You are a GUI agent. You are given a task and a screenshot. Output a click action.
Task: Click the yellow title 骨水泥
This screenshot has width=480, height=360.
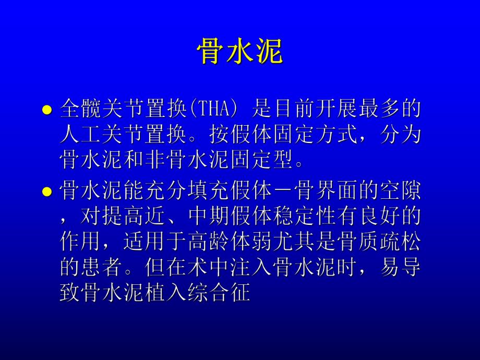pyautogui.click(x=239, y=52)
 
